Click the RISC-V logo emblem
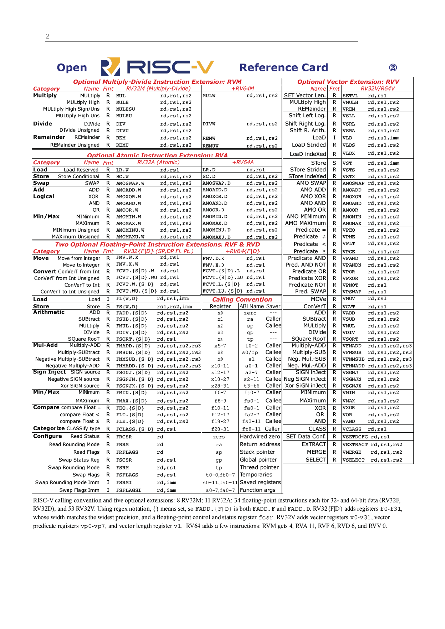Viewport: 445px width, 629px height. [x=110, y=67]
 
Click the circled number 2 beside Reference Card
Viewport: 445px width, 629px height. [x=393, y=68]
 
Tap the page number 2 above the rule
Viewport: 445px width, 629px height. [x=48, y=36]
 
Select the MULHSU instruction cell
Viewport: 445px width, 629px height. [x=126, y=109]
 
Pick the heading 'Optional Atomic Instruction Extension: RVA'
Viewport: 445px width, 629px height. [x=158, y=156]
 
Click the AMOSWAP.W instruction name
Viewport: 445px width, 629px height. [x=128, y=183]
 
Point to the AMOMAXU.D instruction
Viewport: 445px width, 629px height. [x=217, y=237]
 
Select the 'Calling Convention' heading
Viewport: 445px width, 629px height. [x=242, y=299]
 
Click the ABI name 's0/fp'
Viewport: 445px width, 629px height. [x=250, y=352]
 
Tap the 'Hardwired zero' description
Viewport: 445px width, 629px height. [x=260, y=436]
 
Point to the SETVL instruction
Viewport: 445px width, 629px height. [x=350, y=95]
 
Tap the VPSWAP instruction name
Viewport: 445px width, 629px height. [x=352, y=292]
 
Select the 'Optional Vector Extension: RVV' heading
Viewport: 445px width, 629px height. [x=348, y=82]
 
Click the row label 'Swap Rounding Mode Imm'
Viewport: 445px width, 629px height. [x=67, y=482]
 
